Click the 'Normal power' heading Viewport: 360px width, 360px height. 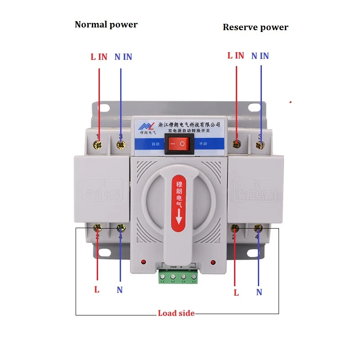pyautogui.click(x=106, y=24)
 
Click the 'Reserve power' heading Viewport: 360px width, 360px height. pyautogui.click(x=255, y=27)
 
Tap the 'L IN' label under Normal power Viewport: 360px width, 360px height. pyautogui.click(x=99, y=57)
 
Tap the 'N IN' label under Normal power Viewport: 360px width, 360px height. pyautogui.click(x=123, y=57)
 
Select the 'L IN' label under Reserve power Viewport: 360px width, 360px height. pyautogui.click(x=236, y=56)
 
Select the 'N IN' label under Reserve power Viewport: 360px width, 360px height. pyautogui.click(x=260, y=56)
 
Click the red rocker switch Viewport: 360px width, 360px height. pyautogui.click(x=178, y=144)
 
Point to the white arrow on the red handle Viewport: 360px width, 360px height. pyautogui.click(x=179, y=219)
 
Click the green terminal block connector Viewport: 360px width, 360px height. pyautogui.click(x=178, y=276)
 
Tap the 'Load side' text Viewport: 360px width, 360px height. pyautogui.click(x=176, y=313)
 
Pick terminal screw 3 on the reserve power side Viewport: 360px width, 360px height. pyautogui.click(x=260, y=144)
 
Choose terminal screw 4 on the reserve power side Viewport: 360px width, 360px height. pyautogui.click(x=258, y=228)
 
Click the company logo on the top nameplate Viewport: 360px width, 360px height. pyautogui.click(x=145, y=126)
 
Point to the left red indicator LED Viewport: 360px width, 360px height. pyautogui.click(x=143, y=261)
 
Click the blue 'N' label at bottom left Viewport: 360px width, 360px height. pyautogui.click(x=120, y=290)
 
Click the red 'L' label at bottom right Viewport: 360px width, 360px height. pyautogui.click(x=236, y=292)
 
